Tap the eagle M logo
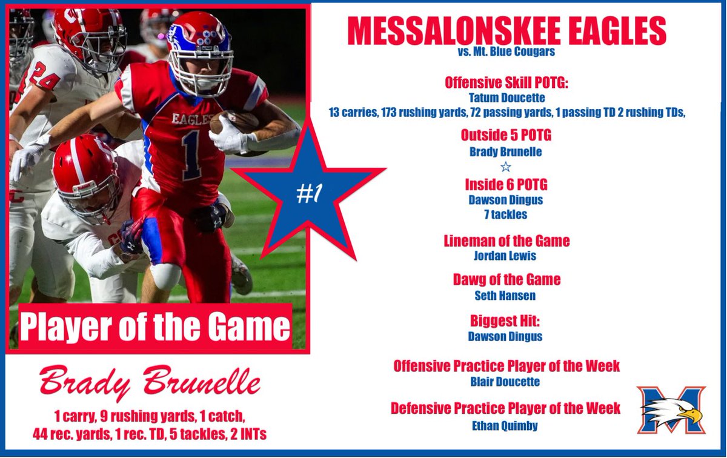click(670, 410)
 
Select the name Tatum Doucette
click(506, 96)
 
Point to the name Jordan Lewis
click(506, 256)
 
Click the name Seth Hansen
click(506, 296)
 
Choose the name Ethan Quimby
click(506, 425)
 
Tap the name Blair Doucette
click(506, 382)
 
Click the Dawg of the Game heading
click(506, 280)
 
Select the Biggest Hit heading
click(506, 320)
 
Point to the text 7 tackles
click(506, 214)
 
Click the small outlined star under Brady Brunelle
click(506, 167)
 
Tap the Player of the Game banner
click(155, 327)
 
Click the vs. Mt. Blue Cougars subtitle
click(506, 52)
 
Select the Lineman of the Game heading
click(506, 241)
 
